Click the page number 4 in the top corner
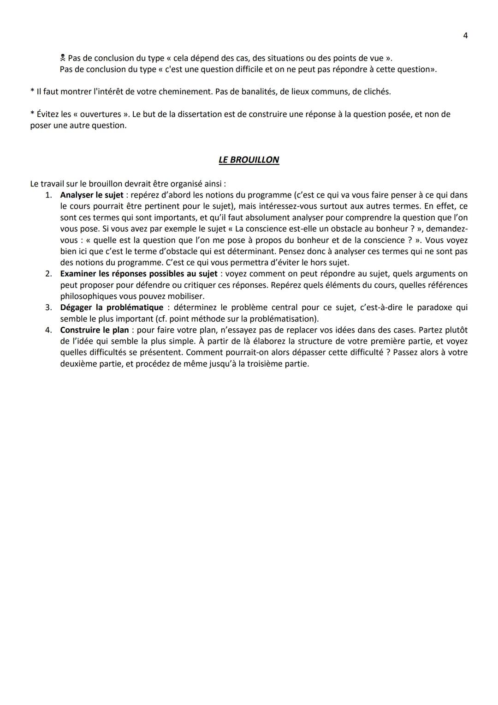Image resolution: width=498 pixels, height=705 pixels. click(x=465, y=36)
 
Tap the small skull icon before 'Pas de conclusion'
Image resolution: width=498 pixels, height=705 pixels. click(x=63, y=58)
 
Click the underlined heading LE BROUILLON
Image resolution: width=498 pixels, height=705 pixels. click(x=249, y=160)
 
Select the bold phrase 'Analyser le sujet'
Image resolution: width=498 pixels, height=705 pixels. click(x=92, y=195)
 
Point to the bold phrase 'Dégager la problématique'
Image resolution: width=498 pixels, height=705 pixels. click(x=112, y=307)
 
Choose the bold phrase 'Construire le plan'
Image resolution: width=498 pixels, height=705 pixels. click(x=95, y=330)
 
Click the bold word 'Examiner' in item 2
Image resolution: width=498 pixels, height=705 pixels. click(x=78, y=274)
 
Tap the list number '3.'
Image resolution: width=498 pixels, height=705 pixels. click(x=48, y=307)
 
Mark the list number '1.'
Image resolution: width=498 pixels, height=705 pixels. click(x=48, y=195)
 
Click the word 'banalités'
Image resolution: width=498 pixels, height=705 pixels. click(x=258, y=91)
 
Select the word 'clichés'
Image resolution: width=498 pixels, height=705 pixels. click(x=376, y=91)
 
